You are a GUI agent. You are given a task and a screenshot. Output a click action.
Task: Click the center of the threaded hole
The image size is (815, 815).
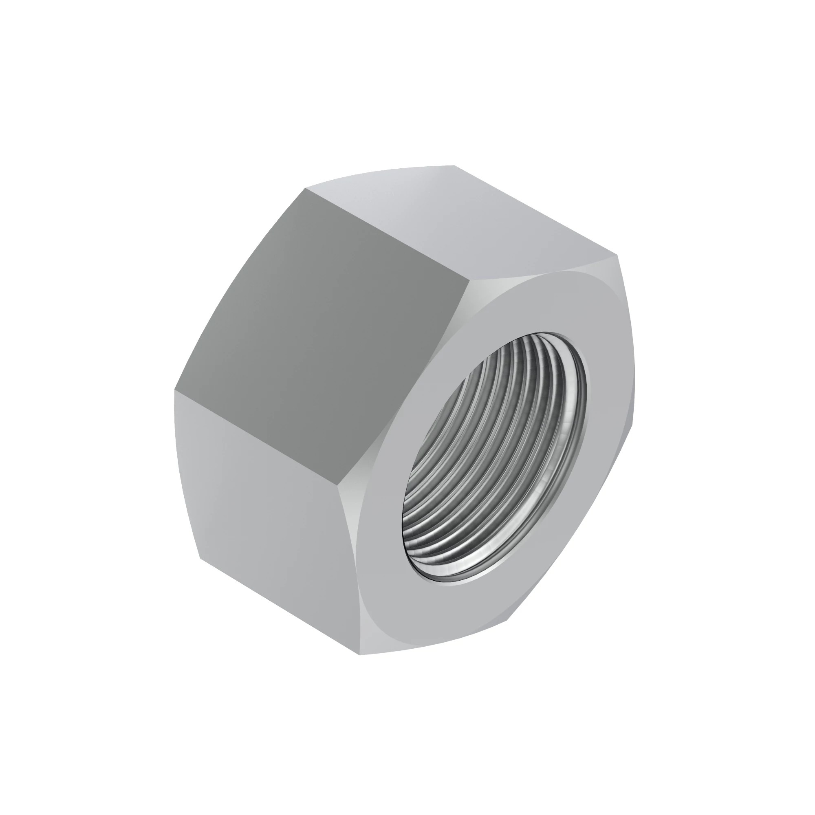coord(493,460)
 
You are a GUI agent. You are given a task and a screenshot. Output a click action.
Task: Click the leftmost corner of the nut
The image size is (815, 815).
coord(174,390)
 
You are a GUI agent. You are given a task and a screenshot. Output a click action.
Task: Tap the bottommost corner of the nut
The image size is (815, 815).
coord(359,655)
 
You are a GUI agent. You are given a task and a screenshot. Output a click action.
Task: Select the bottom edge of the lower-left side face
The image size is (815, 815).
coord(278,608)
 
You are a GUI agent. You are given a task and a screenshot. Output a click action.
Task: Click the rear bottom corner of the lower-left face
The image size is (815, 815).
coord(200,559)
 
